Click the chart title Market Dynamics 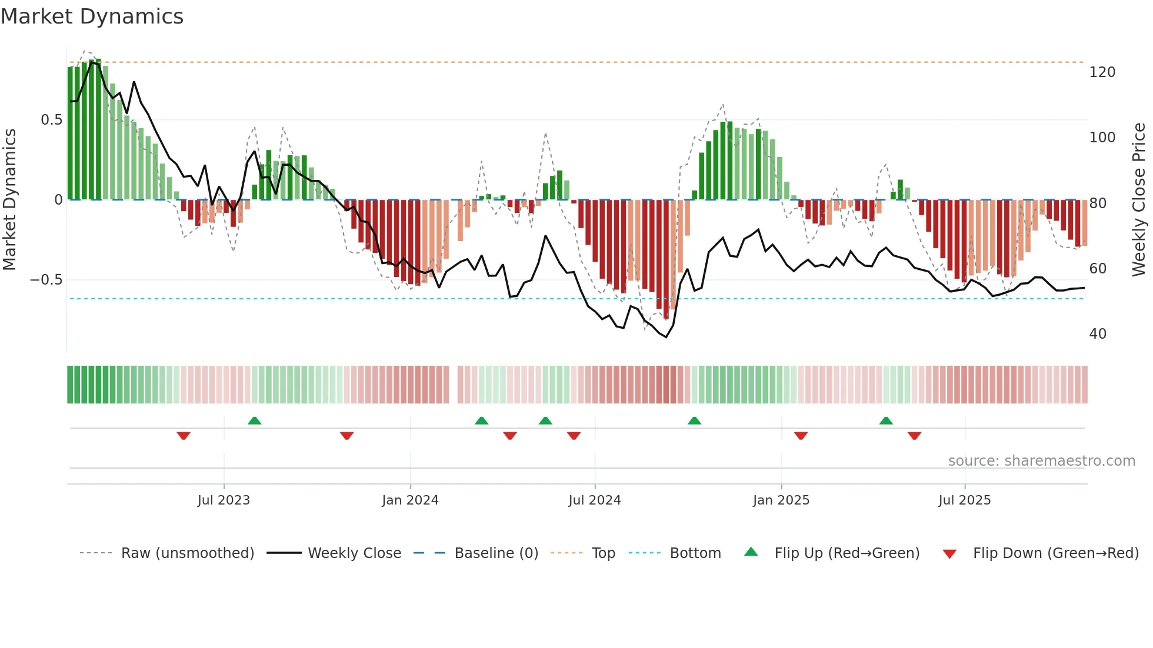tap(92, 16)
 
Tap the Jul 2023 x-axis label tap(224, 500)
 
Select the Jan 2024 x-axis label tap(410, 500)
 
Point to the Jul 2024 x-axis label tap(595, 500)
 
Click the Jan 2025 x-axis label tap(781, 500)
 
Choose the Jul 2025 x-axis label tap(965, 500)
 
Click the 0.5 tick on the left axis tap(51, 120)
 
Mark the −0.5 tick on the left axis tap(46, 280)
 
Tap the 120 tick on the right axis tap(1102, 72)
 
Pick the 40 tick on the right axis tap(1098, 334)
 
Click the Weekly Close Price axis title tap(1139, 200)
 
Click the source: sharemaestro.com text tap(1041, 461)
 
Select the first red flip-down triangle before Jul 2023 tap(184, 436)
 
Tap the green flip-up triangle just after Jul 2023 tap(254, 421)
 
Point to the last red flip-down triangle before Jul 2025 tap(914, 436)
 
